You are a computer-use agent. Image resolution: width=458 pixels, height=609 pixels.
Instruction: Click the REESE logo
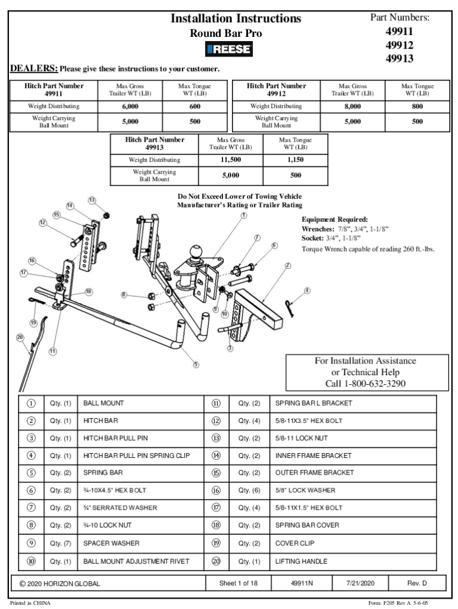(228, 50)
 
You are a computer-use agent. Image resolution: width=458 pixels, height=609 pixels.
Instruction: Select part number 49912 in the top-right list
(399, 45)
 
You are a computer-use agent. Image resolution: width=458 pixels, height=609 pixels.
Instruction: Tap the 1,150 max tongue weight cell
(296, 160)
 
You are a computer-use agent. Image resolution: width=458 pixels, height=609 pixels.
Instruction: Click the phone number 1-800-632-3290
(365, 384)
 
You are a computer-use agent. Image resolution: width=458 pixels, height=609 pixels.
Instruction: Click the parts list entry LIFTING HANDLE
(301, 561)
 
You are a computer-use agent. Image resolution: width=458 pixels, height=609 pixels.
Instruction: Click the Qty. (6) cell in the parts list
(249, 491)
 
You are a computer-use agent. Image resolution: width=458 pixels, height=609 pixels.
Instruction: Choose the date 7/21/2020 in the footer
(363, 583)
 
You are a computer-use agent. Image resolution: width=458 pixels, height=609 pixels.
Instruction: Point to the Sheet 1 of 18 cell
(238, 583)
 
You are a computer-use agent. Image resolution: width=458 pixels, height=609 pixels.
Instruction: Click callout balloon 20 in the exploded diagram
(20, 337)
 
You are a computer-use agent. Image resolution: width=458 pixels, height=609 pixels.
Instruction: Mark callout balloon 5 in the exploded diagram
(196, 365)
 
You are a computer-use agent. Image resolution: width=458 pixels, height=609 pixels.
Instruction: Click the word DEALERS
(34, 68)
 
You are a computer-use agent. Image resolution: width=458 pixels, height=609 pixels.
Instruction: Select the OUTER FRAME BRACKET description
(314, 473)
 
